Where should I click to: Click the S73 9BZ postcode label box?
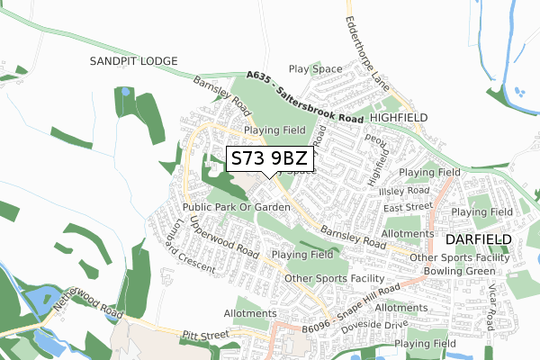click(x=270, y=159)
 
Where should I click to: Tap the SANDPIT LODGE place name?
click(x=134, y=60)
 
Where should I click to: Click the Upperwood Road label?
click(x=225, y=237)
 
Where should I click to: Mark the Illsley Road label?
click(x=404, y=192)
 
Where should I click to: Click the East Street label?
click(x=403, y=208)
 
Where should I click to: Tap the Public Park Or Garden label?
click(x=237, y=207)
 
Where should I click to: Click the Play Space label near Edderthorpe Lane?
click(x=315, y=68)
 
